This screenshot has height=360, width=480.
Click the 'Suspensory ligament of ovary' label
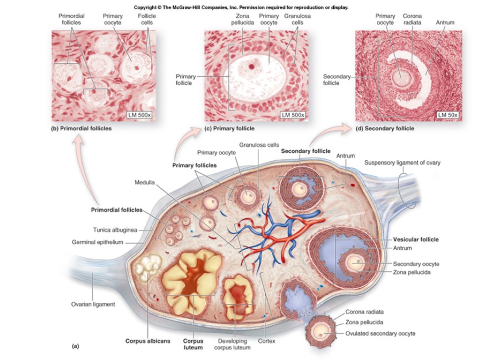(402, 163)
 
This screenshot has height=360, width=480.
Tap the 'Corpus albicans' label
(148, 341)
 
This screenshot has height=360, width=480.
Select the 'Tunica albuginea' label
(115, 230)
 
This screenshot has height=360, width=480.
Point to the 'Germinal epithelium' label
(97, 242)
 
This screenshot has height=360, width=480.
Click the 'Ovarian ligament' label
(93, 304)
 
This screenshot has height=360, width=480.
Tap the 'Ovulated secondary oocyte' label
(380, 333)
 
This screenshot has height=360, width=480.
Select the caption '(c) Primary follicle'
(229, 128)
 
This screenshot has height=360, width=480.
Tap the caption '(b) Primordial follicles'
(81, 128)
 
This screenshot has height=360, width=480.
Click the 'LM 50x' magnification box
(447, 115)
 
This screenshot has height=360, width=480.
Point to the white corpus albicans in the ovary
(148, 268)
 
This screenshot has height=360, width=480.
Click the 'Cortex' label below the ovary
(267, 341)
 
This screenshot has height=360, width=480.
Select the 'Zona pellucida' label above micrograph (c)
(242, 19)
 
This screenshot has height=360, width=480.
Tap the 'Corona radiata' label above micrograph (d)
(412, 19)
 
